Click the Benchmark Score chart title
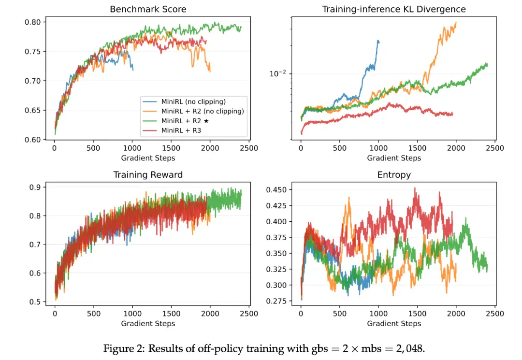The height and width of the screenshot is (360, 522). pyautogui.click(x=148, y=9)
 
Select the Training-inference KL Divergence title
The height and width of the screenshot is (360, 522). pyautogui.click(x=394, y=9)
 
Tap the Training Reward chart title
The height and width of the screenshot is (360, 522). pyautogui.click(x=148, y=174)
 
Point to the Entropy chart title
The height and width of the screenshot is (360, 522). pyautogui.click(x=394, y=175)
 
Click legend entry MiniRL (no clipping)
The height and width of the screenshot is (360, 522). pyautogui.click(x=193, y=101)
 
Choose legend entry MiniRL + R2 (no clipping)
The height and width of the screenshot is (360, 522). pyautogui.click(x=203, y=111)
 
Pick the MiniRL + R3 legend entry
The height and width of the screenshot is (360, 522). pyautogui.click(x=181, y=130)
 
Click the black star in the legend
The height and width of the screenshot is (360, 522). pyautogui.click(x=206, y=121)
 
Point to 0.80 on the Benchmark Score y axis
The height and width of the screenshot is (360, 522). pyautogui.click(x=33, y=22)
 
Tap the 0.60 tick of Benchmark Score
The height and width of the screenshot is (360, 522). pyautogui.click(x=33, y=140)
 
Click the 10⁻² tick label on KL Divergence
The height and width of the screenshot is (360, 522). pyautogui.click(x=277, y=73)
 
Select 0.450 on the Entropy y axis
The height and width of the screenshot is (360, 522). pyautogui.click(x=276, y=190)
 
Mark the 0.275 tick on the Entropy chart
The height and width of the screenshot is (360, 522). pyautogui.click(x=276, y=301)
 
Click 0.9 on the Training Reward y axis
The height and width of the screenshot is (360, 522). pyautogui.click(x=35, y=187)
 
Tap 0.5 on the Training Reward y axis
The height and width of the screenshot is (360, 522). pyautogui.click(x=35, y=302)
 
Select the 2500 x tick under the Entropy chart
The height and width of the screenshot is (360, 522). pyautogui.click(x=495, y=314)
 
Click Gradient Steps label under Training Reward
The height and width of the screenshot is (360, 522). pyautogui.click(x=148, y=323)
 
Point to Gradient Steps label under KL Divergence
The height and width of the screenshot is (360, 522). pyautogui.click(x=394, y=158)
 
